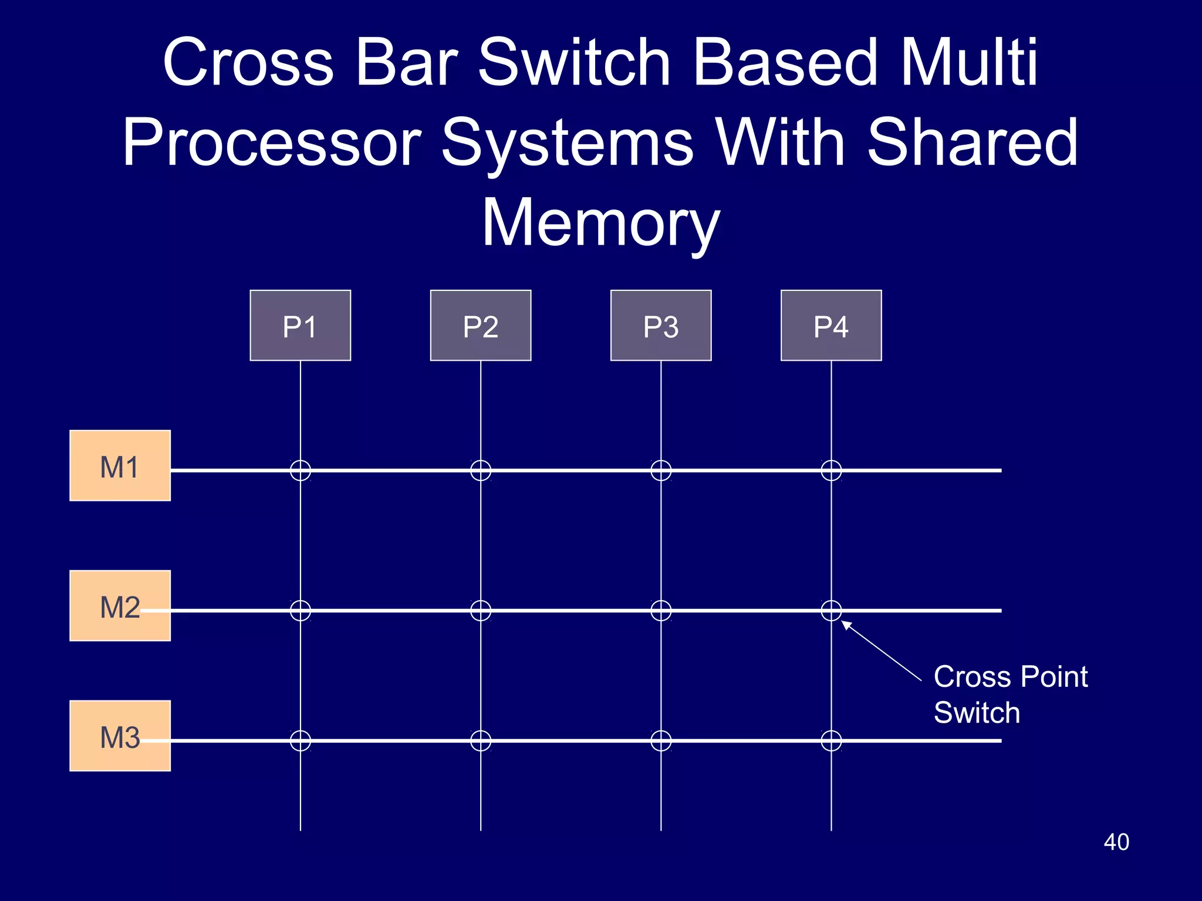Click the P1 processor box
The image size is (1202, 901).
click(x=300, y=326)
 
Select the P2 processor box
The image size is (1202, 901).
click(x=480, y=326)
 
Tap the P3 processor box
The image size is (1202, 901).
click(x=661, y=326)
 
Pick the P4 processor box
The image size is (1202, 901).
click(x=831, y=326)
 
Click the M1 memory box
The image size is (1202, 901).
click(x=120, y=466)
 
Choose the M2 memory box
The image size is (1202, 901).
click(x=120, y=605)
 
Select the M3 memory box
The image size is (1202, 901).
click(x=120, y=736)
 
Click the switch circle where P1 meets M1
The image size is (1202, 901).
click(x=300, y=470)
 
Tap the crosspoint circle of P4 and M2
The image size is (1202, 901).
click(x=831, y=611)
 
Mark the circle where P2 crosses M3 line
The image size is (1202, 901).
click(x=481, y=741)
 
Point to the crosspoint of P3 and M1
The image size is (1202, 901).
click(x=661, y=470)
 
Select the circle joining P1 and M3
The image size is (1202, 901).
click(x=300, y=741)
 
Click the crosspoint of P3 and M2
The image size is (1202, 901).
click(x=661, y=611)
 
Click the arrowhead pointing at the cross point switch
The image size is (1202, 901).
click(x=847, y=625)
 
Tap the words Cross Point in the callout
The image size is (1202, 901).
click(x=1010, y=677)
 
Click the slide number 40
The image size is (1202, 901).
click(x=1116, y=842)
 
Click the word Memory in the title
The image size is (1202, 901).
click(x=600, y=223)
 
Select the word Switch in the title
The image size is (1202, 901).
click(x=574, y=62)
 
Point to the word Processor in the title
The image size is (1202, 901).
click(x=272, y=143)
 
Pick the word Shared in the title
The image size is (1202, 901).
click(x=972, y=143)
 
